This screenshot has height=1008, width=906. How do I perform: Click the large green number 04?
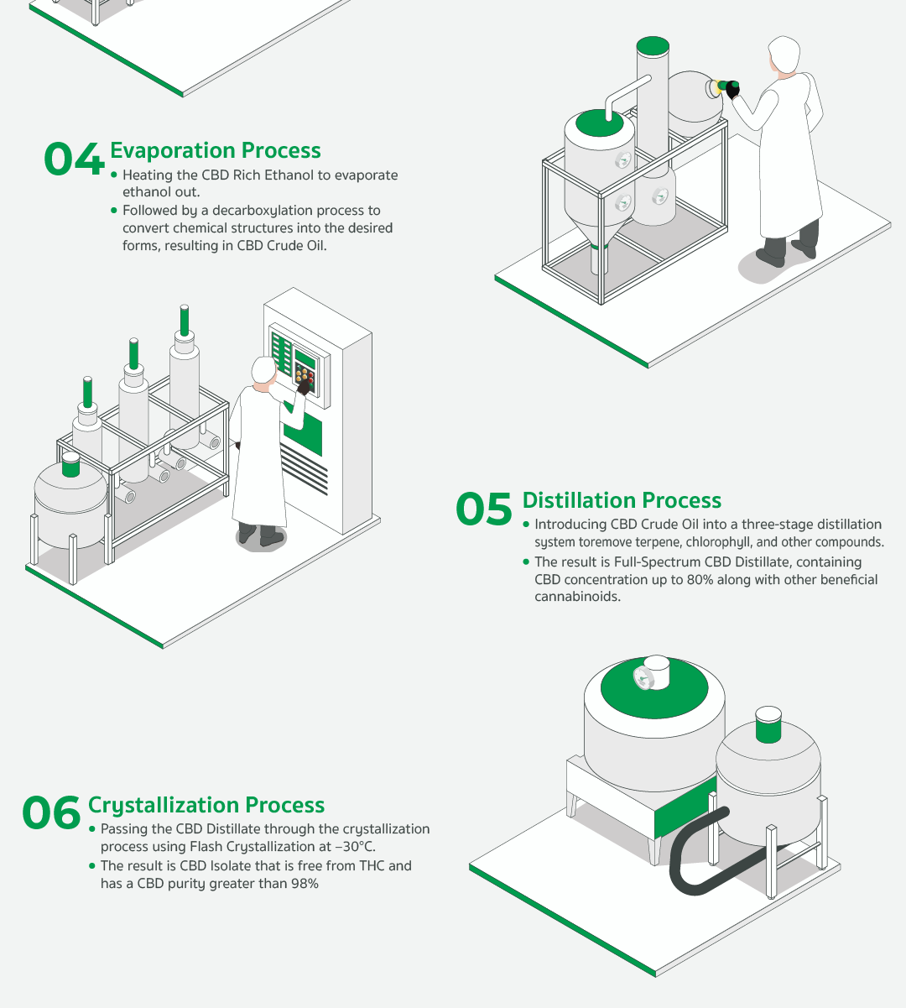(75, 159)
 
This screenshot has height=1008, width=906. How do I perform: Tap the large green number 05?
(484, 509)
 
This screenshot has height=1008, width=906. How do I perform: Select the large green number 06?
(51, 813)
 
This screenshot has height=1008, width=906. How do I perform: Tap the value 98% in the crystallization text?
(305, 884)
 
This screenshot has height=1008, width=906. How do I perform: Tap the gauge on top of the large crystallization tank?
(641, 678)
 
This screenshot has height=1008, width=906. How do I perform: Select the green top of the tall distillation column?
(653, 45)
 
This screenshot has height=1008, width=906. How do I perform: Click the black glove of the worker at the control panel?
(304, 386)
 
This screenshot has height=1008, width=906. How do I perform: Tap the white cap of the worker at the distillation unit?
(784, 52)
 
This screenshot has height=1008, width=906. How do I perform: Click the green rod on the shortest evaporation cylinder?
(87, 392)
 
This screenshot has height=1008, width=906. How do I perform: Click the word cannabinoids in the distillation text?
(577, 597)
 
